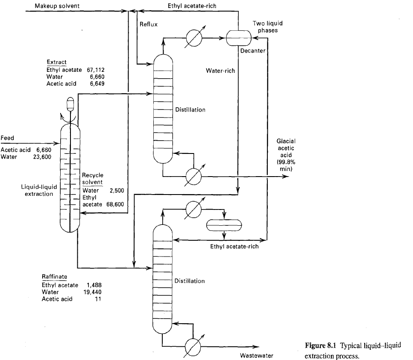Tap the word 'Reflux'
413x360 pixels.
[149, 24]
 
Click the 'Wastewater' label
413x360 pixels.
[256, 355]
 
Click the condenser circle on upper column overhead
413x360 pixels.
[194, 38]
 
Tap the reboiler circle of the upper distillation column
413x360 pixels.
[194, 176]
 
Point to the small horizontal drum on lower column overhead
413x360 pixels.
[224, 224]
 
